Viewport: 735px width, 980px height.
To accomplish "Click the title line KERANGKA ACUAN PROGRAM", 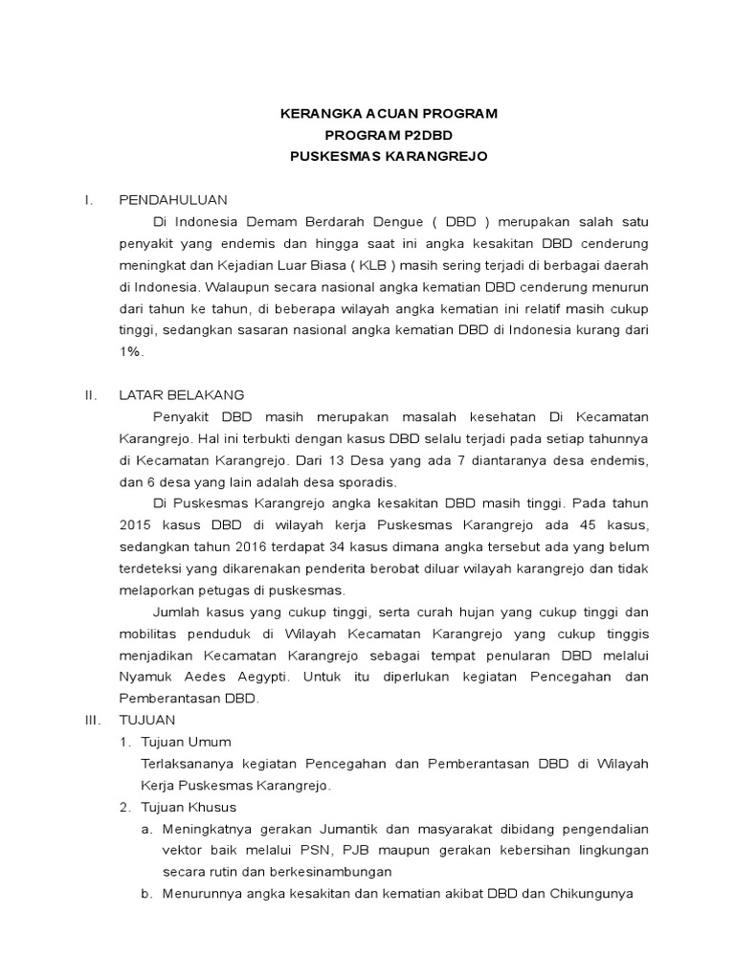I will pyautogui.click(x=389, y=114).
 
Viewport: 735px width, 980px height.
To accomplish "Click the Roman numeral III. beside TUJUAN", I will pyautogui.click(x=91, y=720).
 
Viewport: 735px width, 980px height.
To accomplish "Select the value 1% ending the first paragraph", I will pyautogui.click(x=131, y=352).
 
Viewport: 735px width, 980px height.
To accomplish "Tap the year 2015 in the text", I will pyautogui.click(x=136, y=525).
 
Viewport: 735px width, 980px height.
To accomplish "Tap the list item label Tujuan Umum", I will pyautogui.click(x=186, y=742).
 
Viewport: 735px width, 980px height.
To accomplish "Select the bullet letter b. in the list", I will pyautogui.click(x=146, y=894).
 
